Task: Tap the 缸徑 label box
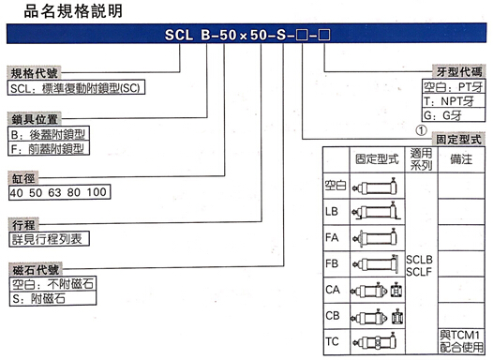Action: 22,176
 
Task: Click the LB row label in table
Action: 333,212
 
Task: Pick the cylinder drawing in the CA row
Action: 376,290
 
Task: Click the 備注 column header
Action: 459,160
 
